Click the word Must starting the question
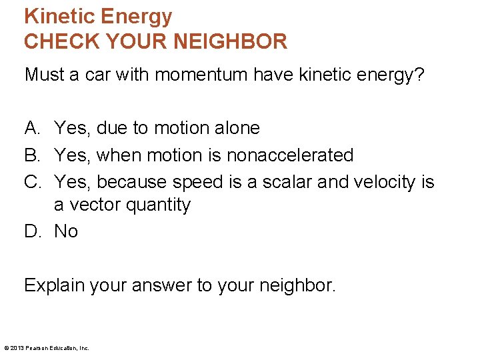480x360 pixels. (x=43, y=75)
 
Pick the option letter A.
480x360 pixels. (x=31, y=127)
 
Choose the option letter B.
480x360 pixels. (x=31, y=155)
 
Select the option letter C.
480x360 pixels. (x=32, y=181)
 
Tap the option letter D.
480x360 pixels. (x=32, y=231)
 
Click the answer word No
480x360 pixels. (x=66, y=231)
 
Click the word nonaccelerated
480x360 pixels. (x=290, y=155)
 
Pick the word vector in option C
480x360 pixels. (x=93, y=205)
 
